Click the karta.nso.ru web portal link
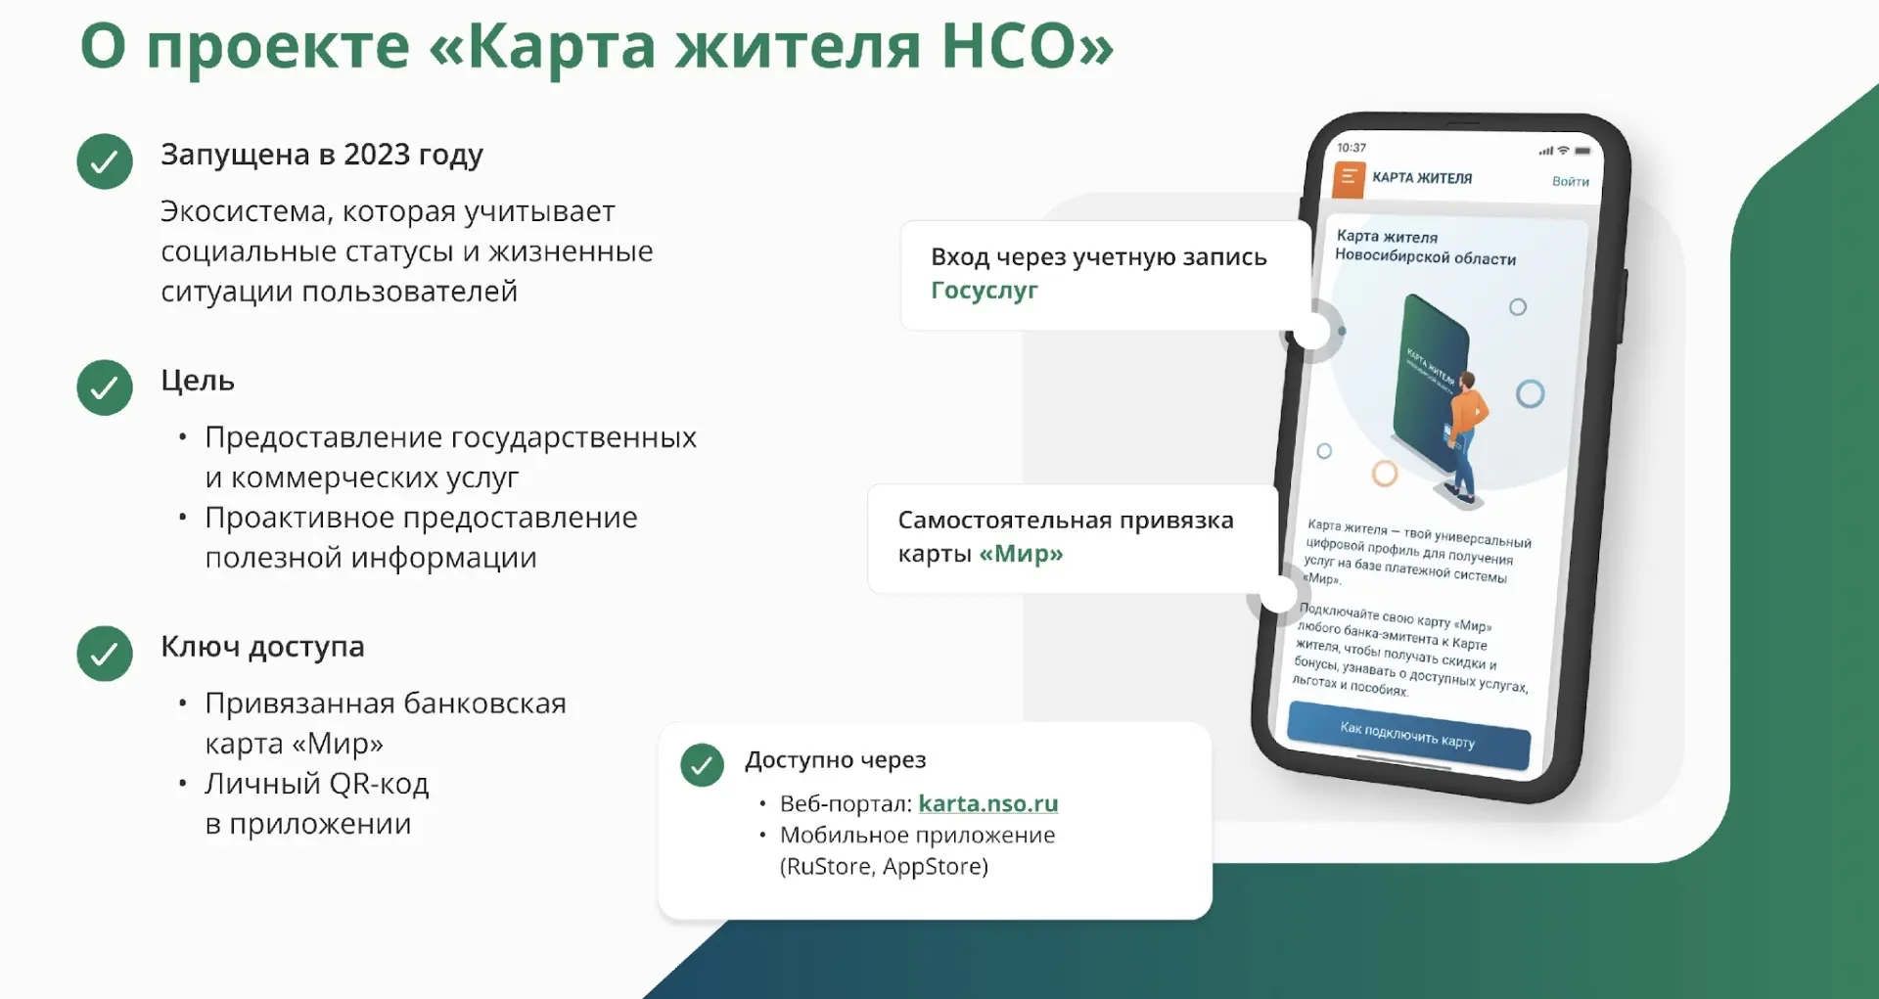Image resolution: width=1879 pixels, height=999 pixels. click(x=987, y=803)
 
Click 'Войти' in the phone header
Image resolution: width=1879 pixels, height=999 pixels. click(x=1570, y=181)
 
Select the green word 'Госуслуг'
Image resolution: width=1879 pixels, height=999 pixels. click(x=984, y=291)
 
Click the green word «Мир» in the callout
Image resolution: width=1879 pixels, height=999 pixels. click(x=1021, y=554)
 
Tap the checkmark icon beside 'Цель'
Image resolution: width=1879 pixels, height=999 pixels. click(x=105, y=387)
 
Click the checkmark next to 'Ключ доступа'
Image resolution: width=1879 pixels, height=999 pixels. click(x=105, y=653)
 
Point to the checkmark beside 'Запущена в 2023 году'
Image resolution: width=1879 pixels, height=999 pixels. click(x=105, y=161)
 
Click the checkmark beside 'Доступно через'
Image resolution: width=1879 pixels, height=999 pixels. click(x=702, y=765)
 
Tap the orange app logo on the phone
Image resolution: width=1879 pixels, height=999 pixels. click(x=1349, y=180)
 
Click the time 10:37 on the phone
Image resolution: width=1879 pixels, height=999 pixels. click(x=1352, y=148)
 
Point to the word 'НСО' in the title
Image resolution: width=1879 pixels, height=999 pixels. click(x=1028, y=45)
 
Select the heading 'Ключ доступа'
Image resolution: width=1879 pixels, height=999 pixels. click(x=262, y=648)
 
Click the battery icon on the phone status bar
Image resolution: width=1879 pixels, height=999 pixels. click(x=1582, y=152)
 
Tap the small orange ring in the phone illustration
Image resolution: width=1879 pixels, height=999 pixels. click(x=1384, y=475)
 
